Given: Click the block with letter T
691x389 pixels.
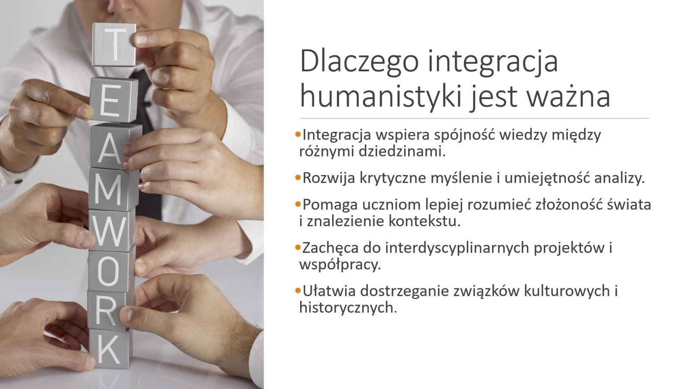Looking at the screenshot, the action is (114, 45).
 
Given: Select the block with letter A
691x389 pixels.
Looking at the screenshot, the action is (115, 146).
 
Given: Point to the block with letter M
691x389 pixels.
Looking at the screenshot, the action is (113, 189).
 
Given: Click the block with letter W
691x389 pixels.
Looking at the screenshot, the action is (112, 231).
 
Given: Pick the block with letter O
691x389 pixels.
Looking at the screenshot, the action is (111, 271).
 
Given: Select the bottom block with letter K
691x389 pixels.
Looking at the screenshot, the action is (109, 349).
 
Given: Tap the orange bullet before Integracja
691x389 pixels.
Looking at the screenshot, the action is (298, 134).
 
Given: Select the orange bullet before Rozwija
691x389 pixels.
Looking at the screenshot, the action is (298, 178).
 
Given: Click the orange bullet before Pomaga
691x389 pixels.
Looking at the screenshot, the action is (298, 204).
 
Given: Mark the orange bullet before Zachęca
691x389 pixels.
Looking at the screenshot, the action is (298, 247).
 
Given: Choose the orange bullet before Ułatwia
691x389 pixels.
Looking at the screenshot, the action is (298, 290).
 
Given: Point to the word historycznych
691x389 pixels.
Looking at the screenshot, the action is (348, 308).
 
